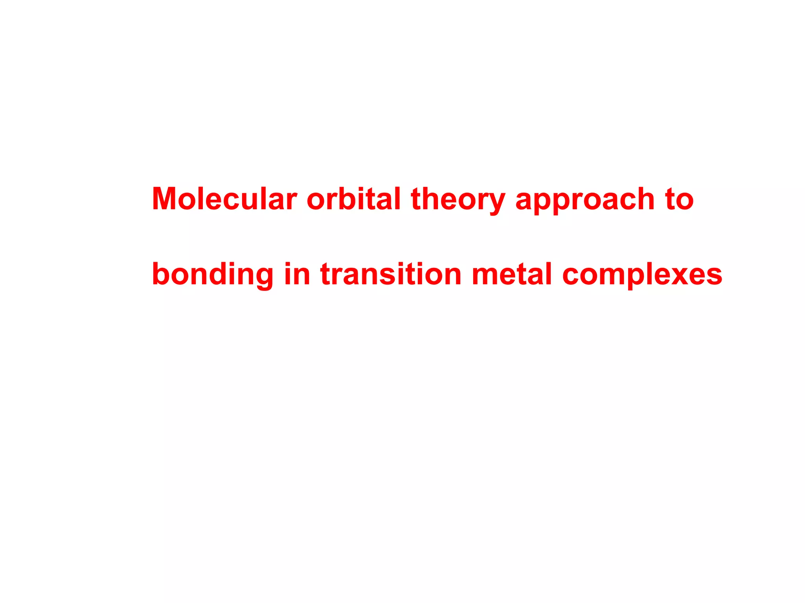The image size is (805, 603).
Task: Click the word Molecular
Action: (224, 199)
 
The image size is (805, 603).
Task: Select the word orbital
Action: (353, 199)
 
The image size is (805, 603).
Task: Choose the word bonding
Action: (213, 275)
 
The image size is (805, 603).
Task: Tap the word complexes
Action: (642, 275)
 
